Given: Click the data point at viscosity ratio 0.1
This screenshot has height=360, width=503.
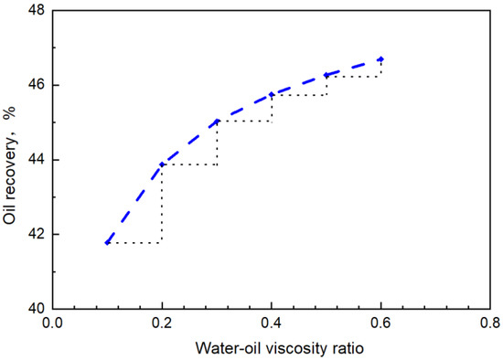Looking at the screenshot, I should coord(108,242).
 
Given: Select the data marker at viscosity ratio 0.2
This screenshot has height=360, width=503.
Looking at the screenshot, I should coord(162,164).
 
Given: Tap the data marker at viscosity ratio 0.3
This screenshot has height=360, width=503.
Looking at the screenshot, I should coord(217,121).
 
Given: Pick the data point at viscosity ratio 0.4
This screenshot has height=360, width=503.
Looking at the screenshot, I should coord(272,94).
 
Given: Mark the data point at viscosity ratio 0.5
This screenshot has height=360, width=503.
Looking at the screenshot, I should coord(326,75).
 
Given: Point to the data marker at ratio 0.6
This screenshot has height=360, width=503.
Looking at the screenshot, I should coord(380,59).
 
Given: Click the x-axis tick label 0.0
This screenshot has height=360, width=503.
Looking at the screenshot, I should coord(53,323).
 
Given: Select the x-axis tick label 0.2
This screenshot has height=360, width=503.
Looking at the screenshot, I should coord(162,323).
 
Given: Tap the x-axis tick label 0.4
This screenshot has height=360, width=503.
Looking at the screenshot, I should coord(272,323).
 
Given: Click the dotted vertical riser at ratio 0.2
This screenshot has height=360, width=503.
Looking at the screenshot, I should coord(162,206).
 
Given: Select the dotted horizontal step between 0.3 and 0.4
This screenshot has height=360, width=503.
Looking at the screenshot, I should coord(244,121).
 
